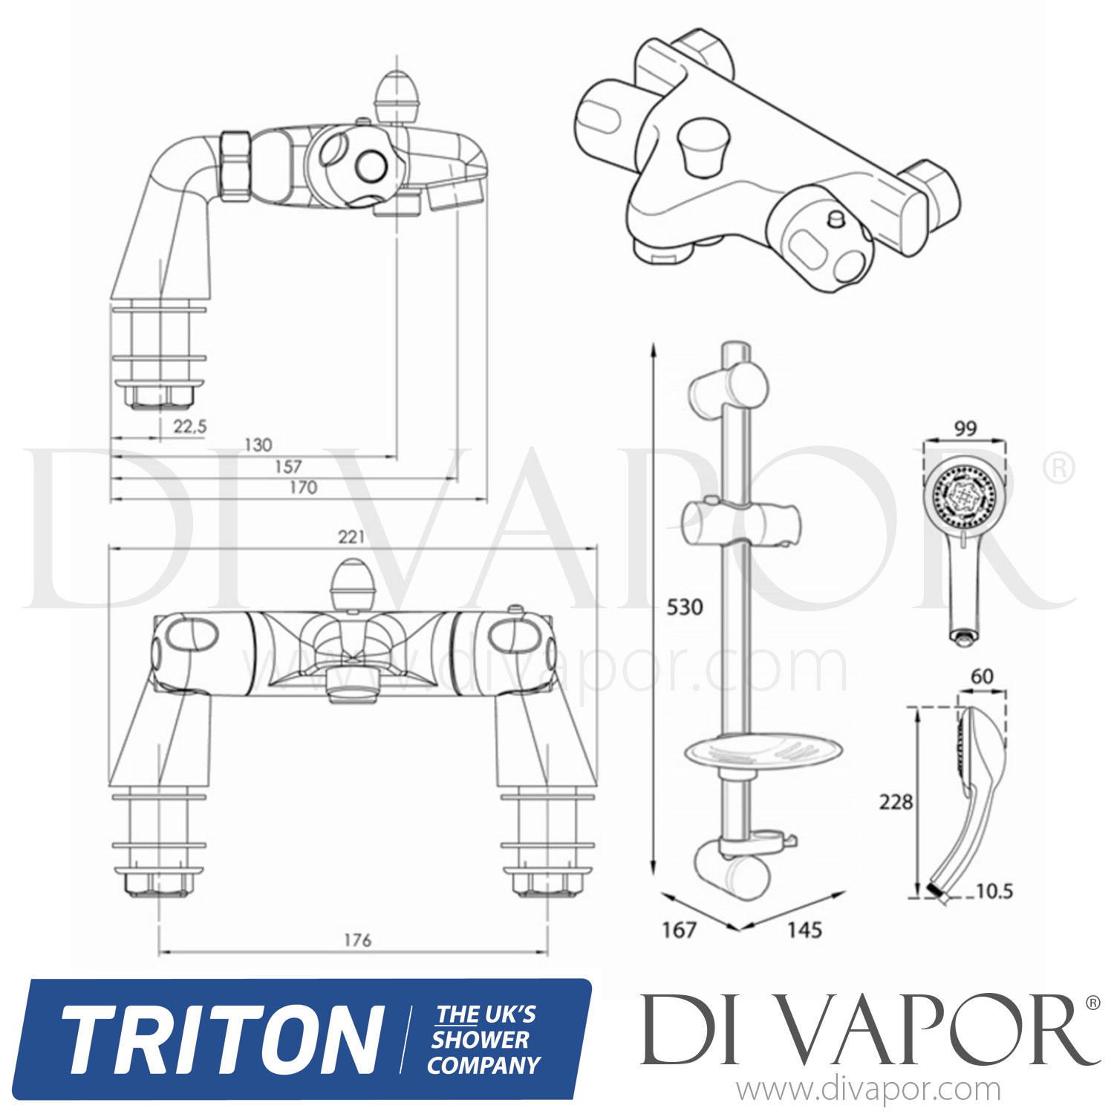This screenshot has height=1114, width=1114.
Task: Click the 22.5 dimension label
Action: point(189,426)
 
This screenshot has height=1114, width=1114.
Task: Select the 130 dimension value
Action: point(258,445)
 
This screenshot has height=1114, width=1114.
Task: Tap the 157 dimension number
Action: point(287,466)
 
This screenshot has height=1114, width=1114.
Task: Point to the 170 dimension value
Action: point(303,487)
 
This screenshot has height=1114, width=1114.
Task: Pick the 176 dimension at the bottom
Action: point(357,940)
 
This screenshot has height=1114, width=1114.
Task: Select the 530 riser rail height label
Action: point(684,608)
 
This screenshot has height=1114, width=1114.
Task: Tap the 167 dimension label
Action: point(680,929)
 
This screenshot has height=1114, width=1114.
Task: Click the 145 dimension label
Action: point(804,929)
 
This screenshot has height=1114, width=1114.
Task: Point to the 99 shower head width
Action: point(965,429)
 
